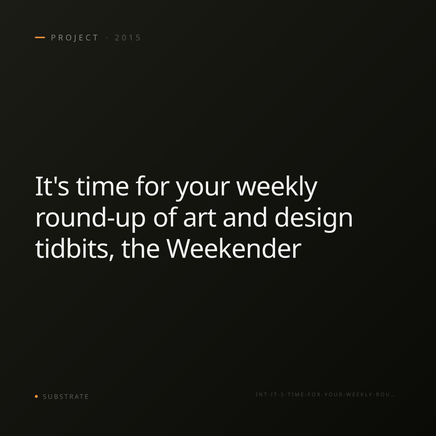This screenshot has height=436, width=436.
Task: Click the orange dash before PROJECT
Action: [x=40, y=37]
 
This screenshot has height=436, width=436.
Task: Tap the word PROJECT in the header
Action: [x=75, y=38]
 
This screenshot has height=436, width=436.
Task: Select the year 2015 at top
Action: [x=128, y=38]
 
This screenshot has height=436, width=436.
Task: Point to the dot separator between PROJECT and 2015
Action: [x=107, y=37]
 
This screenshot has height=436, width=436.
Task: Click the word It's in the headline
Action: [x=52, y=187]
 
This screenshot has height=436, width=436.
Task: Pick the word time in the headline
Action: [x=102, y=187]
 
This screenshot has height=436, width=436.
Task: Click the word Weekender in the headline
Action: [x=234, y=249]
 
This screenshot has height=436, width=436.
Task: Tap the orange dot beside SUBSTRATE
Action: [x=36, y=396]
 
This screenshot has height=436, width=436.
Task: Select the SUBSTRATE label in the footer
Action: [x=66, y=397]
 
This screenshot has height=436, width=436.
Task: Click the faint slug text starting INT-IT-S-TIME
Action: [x=325, y=395]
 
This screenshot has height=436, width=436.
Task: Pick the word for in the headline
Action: [x=153, y=186]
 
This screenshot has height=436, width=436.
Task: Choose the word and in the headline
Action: [x=245, y=217]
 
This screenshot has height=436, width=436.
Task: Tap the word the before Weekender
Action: [x=140, y=249]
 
